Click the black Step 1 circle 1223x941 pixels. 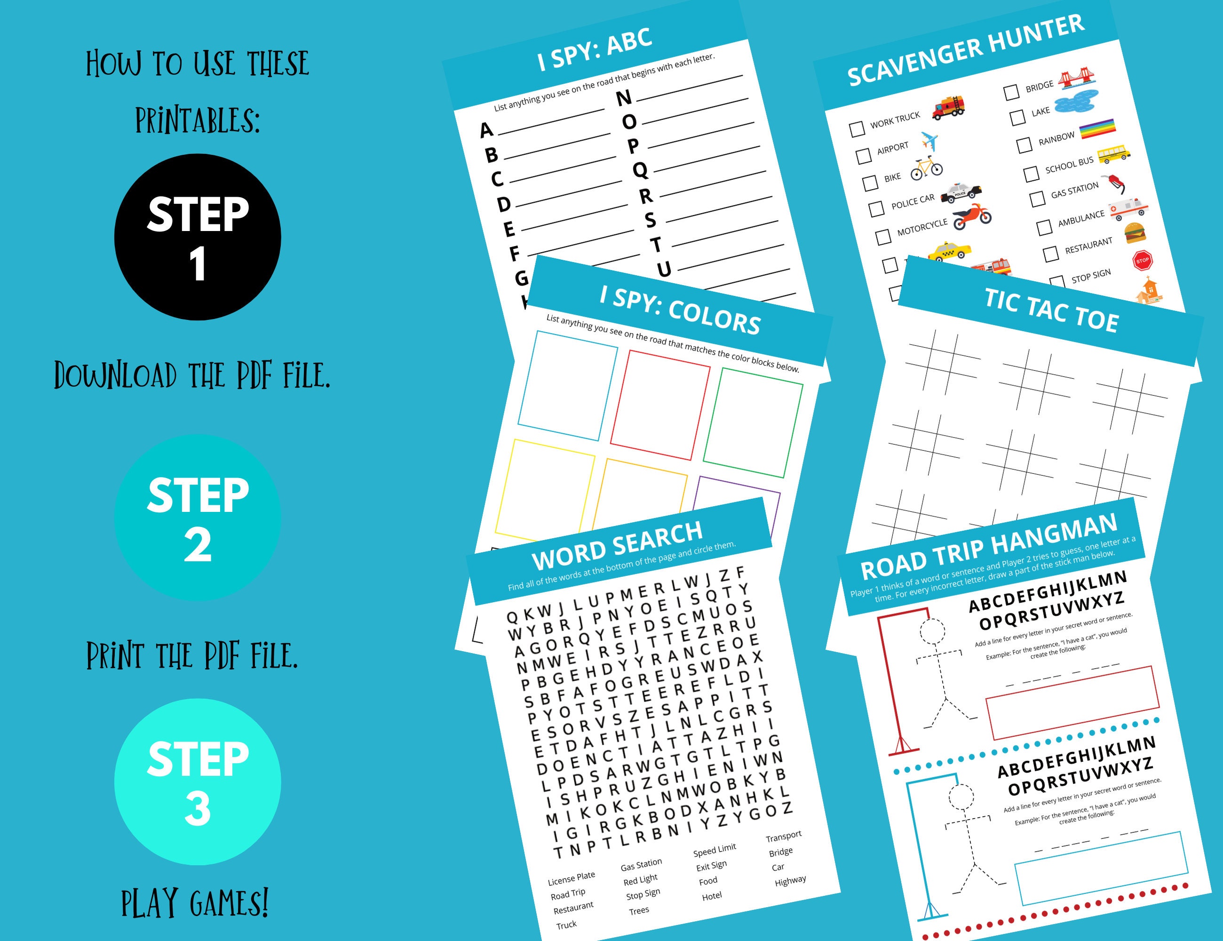(x=197, y=237)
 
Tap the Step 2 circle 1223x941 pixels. (x=197, y=518)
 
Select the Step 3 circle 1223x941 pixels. (x=197, y=782)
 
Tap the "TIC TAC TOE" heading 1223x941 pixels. (x=1051, y=311)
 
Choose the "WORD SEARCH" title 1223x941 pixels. (x=617, y=545)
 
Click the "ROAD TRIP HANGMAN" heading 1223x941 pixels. (x=988, y=547)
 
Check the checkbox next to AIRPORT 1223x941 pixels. (x=864, y=155)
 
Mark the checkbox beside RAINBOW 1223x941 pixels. (x=1024, y=145)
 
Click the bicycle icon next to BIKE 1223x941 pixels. (x=926, y=168)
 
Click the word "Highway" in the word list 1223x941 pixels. (x=790, y=880)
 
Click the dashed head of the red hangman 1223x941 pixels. (x=931, y=632)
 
